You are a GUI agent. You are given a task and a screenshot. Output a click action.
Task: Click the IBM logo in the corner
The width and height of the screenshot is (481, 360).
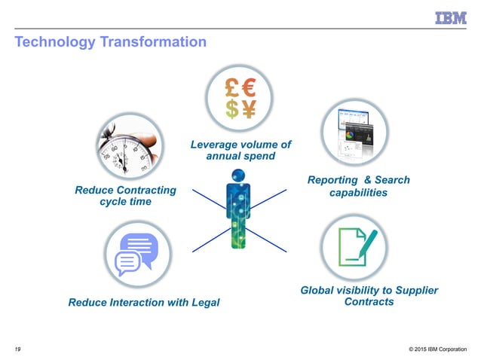coord(450,17)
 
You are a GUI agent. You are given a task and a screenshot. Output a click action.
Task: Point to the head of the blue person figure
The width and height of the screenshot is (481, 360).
coord(238,175)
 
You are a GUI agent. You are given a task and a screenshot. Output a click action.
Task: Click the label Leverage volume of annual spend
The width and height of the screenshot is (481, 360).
coord(240,150)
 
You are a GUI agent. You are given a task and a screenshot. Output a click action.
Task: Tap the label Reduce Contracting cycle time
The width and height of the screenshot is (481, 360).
coord(125,196)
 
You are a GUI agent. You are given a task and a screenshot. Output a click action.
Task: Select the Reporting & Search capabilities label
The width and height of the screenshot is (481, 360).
coord(359,186)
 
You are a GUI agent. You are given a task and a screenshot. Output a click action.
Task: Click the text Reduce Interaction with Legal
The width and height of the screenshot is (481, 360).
coord(144,303)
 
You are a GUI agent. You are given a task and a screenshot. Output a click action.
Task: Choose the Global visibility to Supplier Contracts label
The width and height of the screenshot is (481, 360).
coord(369,296)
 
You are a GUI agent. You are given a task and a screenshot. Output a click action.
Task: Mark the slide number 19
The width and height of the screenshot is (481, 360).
coord(17,349)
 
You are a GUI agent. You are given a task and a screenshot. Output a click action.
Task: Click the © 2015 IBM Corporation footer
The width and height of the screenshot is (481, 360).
coord(437,349)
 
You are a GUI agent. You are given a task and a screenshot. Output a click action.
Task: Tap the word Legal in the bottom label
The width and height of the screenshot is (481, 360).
coord(204,303)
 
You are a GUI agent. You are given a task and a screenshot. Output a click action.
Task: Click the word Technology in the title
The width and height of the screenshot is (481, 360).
coord(53,42)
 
